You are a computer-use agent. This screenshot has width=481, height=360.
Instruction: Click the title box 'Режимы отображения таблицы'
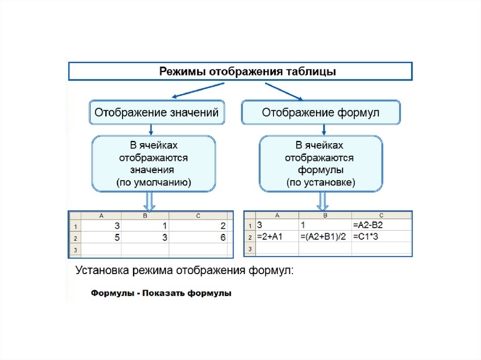[x=240, y=72]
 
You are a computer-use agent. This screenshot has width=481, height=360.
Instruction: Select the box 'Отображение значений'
[x=156, y=113]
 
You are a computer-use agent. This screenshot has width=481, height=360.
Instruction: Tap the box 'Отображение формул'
[x=321, y=113]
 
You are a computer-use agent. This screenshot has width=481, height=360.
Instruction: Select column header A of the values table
[x=101, y=216]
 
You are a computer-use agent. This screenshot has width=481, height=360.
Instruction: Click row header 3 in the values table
[x=75, y=249]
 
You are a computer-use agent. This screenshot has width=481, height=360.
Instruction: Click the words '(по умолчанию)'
[x=154, y=183]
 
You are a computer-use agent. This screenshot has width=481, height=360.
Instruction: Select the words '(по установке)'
[x=321, y=183]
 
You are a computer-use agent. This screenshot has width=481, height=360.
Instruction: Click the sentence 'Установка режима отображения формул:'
[x=185, y=271]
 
